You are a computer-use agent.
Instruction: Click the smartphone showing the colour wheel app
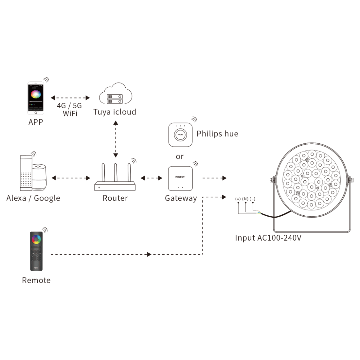coord(36,98)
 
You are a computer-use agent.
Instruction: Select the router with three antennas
coord(115,177)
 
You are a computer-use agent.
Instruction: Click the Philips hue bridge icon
coord(180,135)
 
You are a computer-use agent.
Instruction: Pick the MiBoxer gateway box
coord(180,179)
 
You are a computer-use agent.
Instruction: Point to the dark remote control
coord(36,251)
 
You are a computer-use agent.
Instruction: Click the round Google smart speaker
coord(39,177)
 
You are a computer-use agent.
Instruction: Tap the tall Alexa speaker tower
coord(26,173)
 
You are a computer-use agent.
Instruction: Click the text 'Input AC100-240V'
coord(268,238)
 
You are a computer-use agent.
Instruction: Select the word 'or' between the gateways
coord(180,157)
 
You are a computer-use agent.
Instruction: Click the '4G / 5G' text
coord(69,106)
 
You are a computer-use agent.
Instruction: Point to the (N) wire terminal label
coord(245,199)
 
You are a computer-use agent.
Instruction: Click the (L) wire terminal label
coord(253,199)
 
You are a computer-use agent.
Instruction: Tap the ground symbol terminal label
coord(238,199)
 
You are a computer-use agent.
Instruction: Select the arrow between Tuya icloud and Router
coord(116,139)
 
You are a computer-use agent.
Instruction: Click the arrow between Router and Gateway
coord(152,178)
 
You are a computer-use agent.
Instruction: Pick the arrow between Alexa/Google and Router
coord(71,178)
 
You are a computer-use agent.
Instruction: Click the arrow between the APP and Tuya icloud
coord(70,98)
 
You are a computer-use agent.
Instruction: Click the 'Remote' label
coord(36,280)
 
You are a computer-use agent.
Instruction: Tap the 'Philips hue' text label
coord(217,134)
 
